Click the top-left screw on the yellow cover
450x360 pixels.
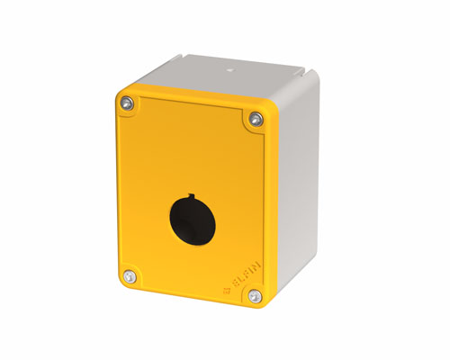coord(126,105)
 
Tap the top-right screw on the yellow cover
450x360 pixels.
coord(256,119)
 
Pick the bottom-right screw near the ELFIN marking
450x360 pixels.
coord(254,294)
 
